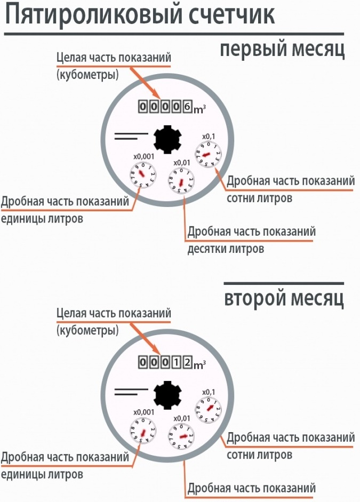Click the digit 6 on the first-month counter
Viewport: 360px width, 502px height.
click(187, 107)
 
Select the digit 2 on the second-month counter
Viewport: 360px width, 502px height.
click(187, 363)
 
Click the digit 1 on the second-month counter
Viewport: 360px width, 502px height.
click(176, 363)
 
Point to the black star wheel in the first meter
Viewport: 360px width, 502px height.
click(167, 139)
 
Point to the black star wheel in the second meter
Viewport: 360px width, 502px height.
click(167, 395)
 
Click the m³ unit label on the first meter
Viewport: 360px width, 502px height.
click(199, 109)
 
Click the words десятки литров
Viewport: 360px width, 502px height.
click(226, 249)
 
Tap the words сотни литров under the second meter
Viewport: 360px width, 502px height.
click(259, 455)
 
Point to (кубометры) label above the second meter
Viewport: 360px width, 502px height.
click(87, 331)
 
